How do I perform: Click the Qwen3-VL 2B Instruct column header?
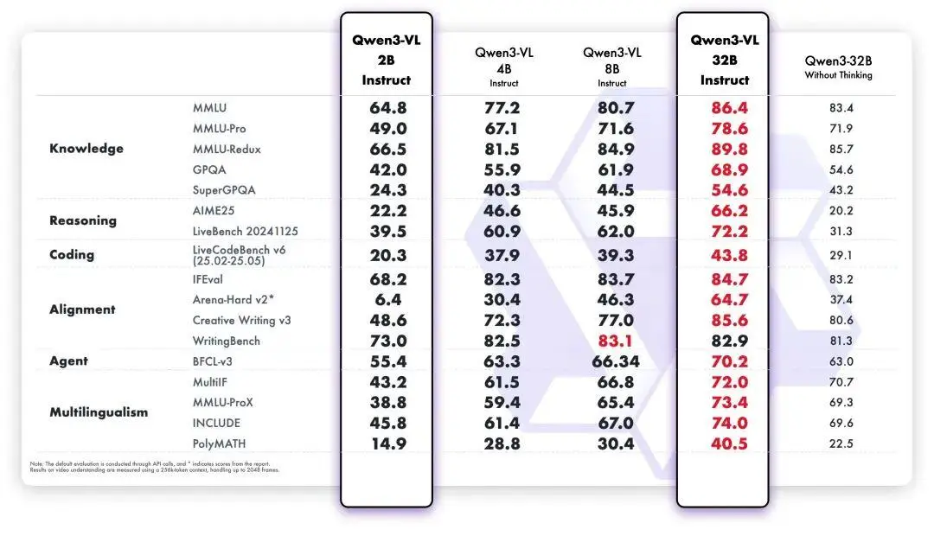(386, 61)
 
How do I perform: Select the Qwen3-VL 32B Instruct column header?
(724, 61)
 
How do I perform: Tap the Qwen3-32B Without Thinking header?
(838, 67)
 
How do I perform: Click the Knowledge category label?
(86, 149)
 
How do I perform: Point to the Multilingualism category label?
(99, 412)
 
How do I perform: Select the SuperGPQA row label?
(225, 190)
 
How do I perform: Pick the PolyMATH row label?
(221, 443)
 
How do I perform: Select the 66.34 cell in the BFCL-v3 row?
(616, 361)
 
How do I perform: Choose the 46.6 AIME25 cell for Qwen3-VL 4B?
(502, 211)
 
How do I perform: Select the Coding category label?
(72, 255)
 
